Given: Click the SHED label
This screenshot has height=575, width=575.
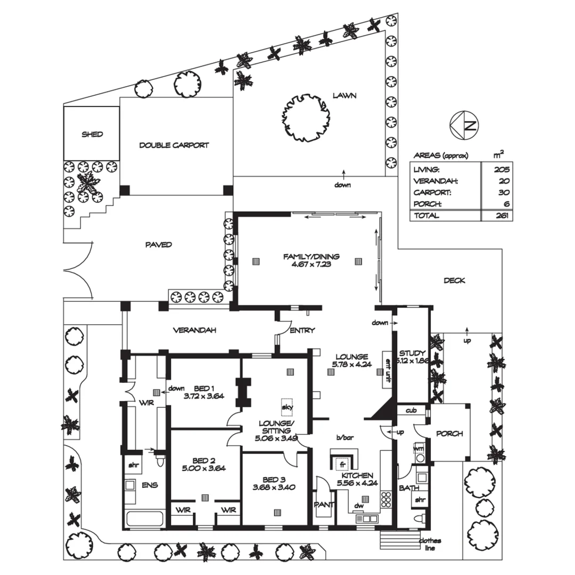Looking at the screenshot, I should click(92, 134).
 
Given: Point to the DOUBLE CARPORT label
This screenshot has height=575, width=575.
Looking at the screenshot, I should click(174, 145).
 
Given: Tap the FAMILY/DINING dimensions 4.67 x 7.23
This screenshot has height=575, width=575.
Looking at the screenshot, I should click(311, 264).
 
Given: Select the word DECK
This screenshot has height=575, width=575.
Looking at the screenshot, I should click(454, 281).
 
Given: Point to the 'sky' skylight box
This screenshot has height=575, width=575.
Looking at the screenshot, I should click(288, 407).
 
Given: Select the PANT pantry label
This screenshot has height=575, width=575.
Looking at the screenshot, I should click(324, 504).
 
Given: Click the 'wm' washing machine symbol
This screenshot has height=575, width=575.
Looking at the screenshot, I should click(418, 448).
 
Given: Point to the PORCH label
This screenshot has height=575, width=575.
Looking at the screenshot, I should click(449, 433).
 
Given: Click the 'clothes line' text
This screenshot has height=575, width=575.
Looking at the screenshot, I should click(429, 544).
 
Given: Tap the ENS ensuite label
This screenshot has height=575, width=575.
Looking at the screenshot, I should click(147, 484).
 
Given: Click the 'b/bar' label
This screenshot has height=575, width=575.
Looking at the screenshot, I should click(345, 438).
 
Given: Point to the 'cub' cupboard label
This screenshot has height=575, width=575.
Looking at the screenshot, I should click(410, 410).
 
